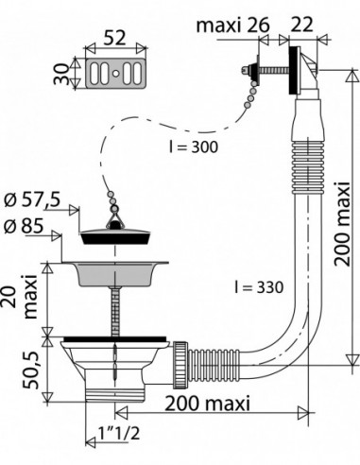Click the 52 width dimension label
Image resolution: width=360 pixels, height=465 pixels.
click(x=114, y=38)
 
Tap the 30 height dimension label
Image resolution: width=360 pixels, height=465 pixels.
click(x=60, y=74)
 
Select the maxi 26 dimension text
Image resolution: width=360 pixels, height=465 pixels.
click(x=232, y=25)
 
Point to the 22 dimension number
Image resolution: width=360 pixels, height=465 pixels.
click(x=301, y=25)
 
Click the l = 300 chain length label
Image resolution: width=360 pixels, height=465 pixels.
click(x=193, y=146)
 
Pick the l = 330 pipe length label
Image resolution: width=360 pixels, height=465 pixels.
click(x=259, y=287)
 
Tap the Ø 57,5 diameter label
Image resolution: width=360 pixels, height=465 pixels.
click(x=32, y=200)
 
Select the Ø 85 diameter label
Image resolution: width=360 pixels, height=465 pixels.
click(x=24, y=226)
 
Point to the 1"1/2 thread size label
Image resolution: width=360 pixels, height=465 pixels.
click(x=119, y=434)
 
